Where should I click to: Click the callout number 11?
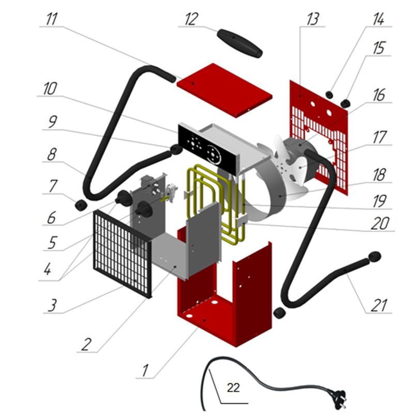pos(52,20)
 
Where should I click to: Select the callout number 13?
pos(312,20)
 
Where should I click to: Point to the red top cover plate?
pos(224,90)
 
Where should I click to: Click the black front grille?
pos(122,253)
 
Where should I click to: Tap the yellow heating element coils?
pos(207,196)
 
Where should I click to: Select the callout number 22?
pos(233,388)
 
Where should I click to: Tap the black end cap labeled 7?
pos(80,205)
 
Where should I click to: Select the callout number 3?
pos(52,304)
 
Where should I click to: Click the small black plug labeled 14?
pos(329,94)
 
